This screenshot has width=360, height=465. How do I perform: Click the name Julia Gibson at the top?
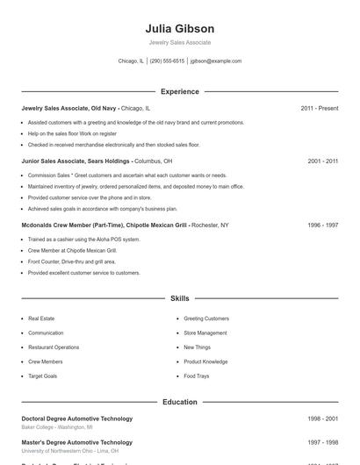tap(180, 29)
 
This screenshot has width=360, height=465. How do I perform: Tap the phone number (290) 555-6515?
tap(167, 61)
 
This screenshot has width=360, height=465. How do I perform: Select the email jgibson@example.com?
tap(216, 61)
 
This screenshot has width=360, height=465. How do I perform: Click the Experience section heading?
tap(180, 91)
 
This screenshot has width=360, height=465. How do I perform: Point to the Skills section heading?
tap(180, 299)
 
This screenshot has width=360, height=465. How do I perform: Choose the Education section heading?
tap(180, 402)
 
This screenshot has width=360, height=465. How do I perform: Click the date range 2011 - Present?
tap(320, 108)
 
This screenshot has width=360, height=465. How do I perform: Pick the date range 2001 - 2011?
tap(323, 161)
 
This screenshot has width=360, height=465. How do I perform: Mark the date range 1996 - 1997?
tap(323, 225)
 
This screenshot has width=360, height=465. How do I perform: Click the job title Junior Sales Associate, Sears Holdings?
tap(76, 161)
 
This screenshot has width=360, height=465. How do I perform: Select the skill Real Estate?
tap(41, 318)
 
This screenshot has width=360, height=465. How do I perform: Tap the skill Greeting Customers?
tap(206, 318)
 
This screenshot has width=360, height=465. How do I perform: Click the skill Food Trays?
tap(197, 376)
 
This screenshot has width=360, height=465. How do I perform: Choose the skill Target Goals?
tap(43, 376)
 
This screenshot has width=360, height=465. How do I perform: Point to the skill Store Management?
tap(205, 333)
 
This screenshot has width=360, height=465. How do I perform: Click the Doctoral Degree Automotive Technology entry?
tap(77, 418)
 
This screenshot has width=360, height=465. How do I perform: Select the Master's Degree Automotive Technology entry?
tap(77, 443)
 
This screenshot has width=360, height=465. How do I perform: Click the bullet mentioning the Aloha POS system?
tap(83, 240)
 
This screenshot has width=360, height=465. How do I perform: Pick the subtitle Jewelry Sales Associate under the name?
tap(180, 42)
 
